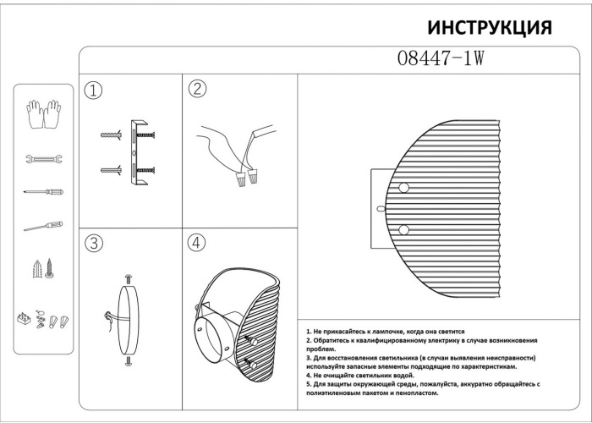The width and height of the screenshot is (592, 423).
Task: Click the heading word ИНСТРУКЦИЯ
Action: (490, 28)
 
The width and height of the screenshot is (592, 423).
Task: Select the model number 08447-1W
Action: (441, 58)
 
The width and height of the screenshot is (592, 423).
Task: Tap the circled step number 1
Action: (93, 91)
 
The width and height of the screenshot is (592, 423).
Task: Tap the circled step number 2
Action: (197, 89)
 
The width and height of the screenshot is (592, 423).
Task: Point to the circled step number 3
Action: (94, 244)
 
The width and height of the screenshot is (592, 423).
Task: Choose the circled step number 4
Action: (196, 243)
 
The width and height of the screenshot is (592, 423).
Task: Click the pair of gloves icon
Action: (44, 114)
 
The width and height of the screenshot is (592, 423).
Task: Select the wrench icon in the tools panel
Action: (44, 159)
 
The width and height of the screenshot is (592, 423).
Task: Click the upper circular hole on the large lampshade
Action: (403, 188)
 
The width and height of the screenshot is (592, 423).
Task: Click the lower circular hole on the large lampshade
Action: (403, 229)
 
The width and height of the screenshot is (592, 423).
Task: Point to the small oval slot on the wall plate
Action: (381, 208)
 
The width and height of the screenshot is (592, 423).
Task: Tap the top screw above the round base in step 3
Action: (129, 279)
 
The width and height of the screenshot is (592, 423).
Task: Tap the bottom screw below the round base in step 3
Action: (129, 361)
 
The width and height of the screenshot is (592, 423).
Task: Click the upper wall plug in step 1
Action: (112, 135)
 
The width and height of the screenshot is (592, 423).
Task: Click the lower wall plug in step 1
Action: (112, 170)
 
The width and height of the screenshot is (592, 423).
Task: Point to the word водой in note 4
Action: (404, 376)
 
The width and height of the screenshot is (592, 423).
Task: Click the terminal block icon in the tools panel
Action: (25, 319)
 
